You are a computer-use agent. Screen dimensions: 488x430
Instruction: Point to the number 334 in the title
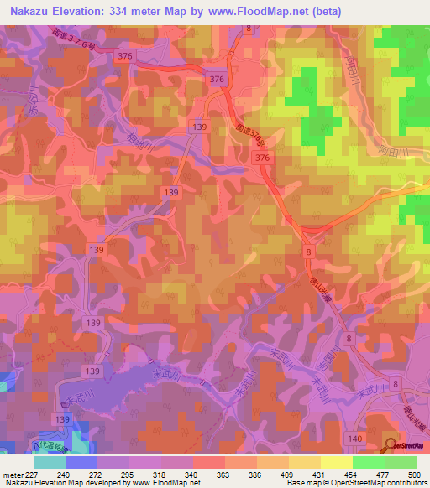pyautogui.click(x=147, y=9)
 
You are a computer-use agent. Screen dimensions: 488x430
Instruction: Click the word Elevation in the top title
pyautogui.click(x=91, y=9)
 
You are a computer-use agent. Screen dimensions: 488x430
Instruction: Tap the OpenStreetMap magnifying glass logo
pyautogui.click(x=391, y=444)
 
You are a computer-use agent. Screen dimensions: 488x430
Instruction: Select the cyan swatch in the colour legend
pyautogui.click(x=50, y=462)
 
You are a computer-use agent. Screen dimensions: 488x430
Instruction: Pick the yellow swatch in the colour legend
pyautogui.click(x=336, y=462)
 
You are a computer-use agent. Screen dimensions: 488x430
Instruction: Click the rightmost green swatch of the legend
pyautogui.click(x=400, y=462)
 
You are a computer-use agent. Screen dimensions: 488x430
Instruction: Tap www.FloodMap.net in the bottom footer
pyautogui.click(x=165, y=483)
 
